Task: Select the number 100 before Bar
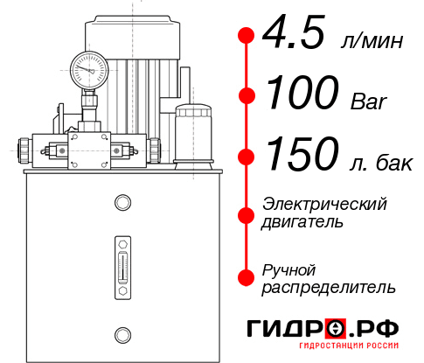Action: click(301, 94)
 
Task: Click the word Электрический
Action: click(324, 204)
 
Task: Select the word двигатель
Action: click(302, 221)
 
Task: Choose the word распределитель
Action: click(329, 287)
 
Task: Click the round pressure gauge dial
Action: click(87, 67)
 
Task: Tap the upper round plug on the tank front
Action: click(122, 204)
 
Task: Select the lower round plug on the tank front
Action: click(122, 333)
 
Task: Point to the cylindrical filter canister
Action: click(192, 131)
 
